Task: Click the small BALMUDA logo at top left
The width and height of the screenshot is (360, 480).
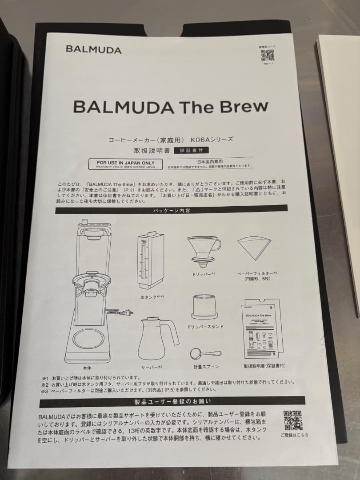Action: coord(93,50)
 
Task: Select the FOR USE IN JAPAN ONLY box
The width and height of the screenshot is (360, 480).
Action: coord(126,164)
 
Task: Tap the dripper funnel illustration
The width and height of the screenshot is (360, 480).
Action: coord(204,251)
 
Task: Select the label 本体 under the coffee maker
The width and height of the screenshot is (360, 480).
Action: coord(87,368)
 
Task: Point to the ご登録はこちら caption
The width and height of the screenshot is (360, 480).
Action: coord(294,435)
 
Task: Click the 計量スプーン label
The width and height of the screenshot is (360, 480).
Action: coord(205,367)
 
